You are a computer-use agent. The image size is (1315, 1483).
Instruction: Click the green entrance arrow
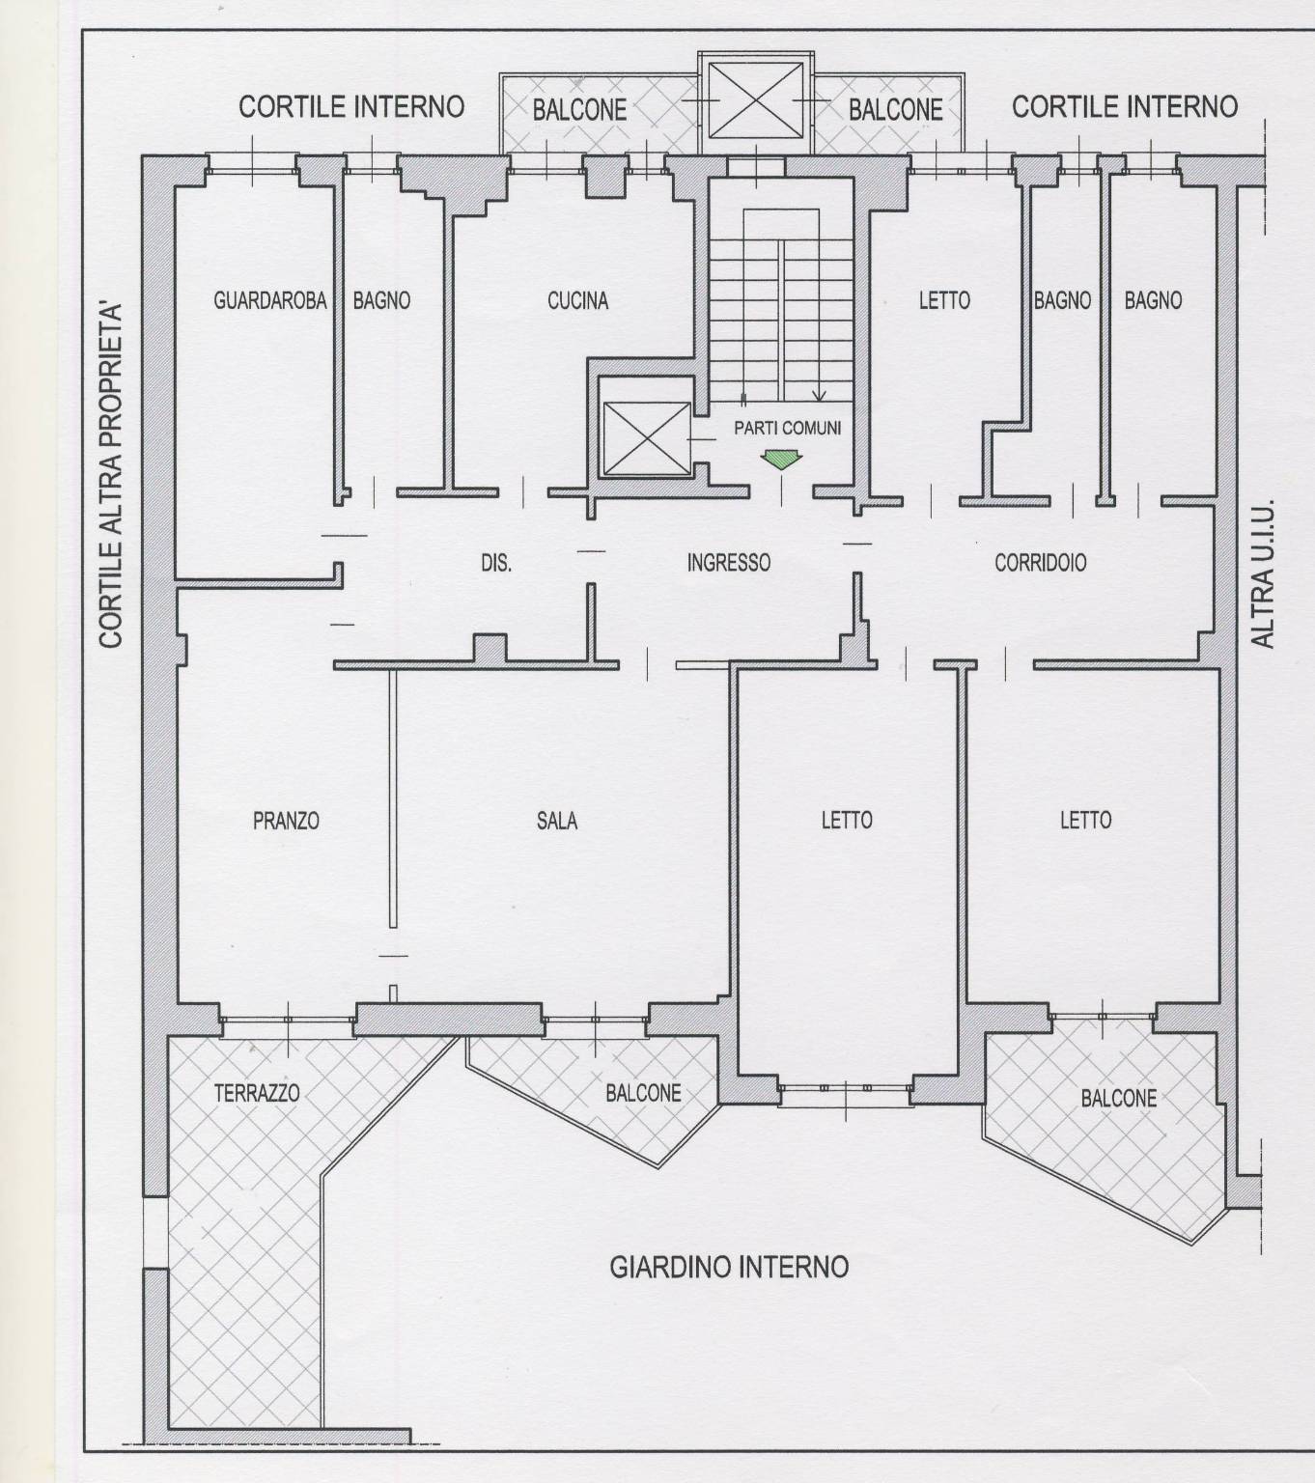coord(782,460)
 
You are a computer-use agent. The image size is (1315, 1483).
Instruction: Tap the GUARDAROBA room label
coord(270,301)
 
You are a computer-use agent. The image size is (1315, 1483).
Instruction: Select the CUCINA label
coord(577,301)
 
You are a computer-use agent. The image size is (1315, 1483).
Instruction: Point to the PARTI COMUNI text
coord(788,429)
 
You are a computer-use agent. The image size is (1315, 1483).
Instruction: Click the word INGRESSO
coord(729,563)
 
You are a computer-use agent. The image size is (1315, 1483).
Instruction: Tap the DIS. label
coord(496,564)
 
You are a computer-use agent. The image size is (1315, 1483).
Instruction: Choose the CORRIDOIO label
coord(1041,563)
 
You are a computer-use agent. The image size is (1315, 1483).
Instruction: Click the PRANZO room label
coord(287,821)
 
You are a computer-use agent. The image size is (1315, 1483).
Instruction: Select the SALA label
coord(557,821)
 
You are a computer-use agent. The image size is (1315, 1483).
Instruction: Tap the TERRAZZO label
coord(257,1094)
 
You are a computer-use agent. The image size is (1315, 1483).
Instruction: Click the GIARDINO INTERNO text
coord(729,1267)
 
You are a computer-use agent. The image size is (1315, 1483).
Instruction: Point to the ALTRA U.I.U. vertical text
coord(1264,574)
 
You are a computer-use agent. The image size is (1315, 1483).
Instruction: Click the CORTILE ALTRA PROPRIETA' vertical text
coord(111,475)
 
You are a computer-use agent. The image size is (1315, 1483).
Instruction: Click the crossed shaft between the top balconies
coord(756,99)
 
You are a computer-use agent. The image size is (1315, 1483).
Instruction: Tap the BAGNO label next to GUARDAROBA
coord(381,301)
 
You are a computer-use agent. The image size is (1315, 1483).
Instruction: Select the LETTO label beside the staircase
coord(944,301)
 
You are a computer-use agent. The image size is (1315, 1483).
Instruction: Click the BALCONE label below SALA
coord(644,1094)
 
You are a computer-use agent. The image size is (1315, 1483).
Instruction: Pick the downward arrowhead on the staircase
coord(820,396)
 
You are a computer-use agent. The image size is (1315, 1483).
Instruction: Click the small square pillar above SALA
coord(490,649)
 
